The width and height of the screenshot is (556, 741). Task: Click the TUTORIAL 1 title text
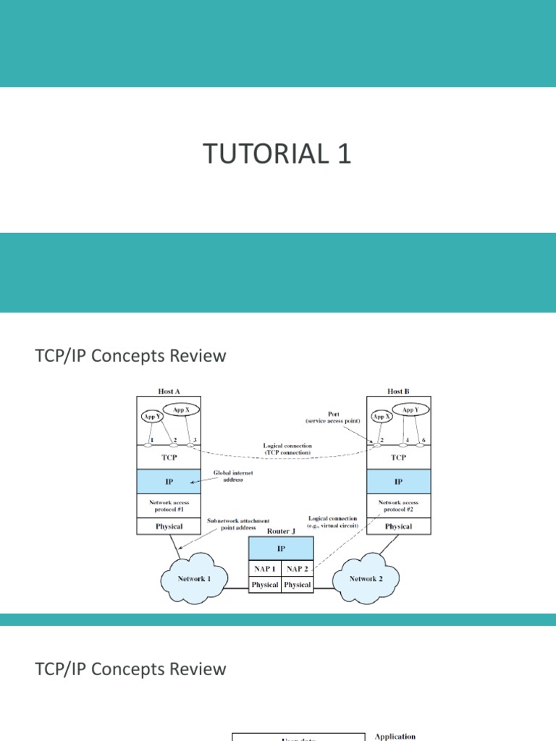pyautogui.click(x=277, y=154)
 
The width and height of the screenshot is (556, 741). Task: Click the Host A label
pyautogui.click(x=169, y=391)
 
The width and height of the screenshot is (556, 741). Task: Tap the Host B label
pyautogui.click(x=397, y=391)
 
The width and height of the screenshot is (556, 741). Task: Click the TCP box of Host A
pyautogui.click(x=169, y=457)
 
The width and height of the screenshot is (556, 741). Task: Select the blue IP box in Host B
pyautogui.click(x=398, y=481)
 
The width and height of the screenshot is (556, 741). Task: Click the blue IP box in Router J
pyautogui.click(x=281, y=549)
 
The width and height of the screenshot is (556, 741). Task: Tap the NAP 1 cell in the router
pyautogui.click(x=264, y=569)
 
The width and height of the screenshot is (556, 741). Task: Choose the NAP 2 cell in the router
pyautogui.click(x=298, y=569)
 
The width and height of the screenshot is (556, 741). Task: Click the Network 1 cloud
pyautogui.click(x=194, y=579)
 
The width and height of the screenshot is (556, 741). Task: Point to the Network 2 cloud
pyautogui.click(x=363, y=579)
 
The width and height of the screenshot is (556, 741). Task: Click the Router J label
pyautogui.click(x=281, y=530)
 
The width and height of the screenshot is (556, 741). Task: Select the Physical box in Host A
pyautogui.click(x=169, y=526)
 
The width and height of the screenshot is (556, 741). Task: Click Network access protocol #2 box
pyautogui.click(x=398, y=505)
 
